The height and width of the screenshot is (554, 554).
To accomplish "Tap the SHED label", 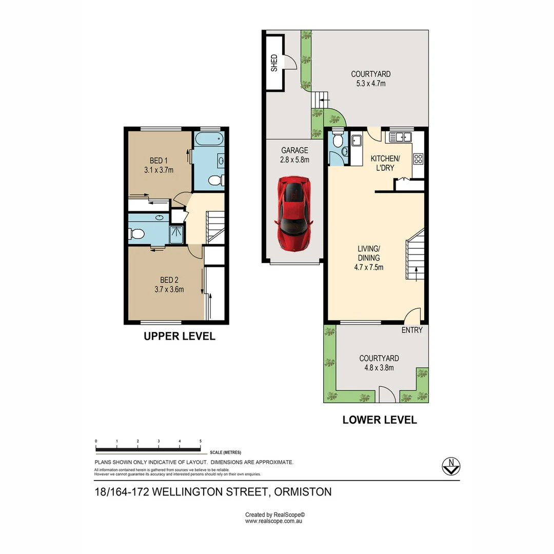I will (x=274, y=63).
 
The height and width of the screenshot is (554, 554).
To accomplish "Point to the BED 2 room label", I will (x=169, y=284).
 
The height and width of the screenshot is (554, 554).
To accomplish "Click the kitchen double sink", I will (x=400, y=137).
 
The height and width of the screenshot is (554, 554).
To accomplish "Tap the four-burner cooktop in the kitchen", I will (x=418, y=159).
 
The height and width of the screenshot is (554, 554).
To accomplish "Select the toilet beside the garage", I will (x=338, y=141).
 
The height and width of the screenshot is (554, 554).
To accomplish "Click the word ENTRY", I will (x=412, y=330).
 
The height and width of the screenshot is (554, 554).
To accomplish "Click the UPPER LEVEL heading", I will (x=179, y=337).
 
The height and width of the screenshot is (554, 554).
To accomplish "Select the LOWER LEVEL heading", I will (x=379, y=420).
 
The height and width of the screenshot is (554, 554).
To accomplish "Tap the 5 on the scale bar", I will (x=201, y=441).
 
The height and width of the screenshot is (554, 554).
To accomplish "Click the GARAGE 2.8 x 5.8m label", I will (x=294, y=155).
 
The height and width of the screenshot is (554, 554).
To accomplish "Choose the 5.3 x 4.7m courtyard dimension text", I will (x=370, y=84).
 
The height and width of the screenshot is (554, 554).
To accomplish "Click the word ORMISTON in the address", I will (x=303, y=491).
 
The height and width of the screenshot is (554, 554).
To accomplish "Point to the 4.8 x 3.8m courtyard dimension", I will (x=379, y=368).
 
